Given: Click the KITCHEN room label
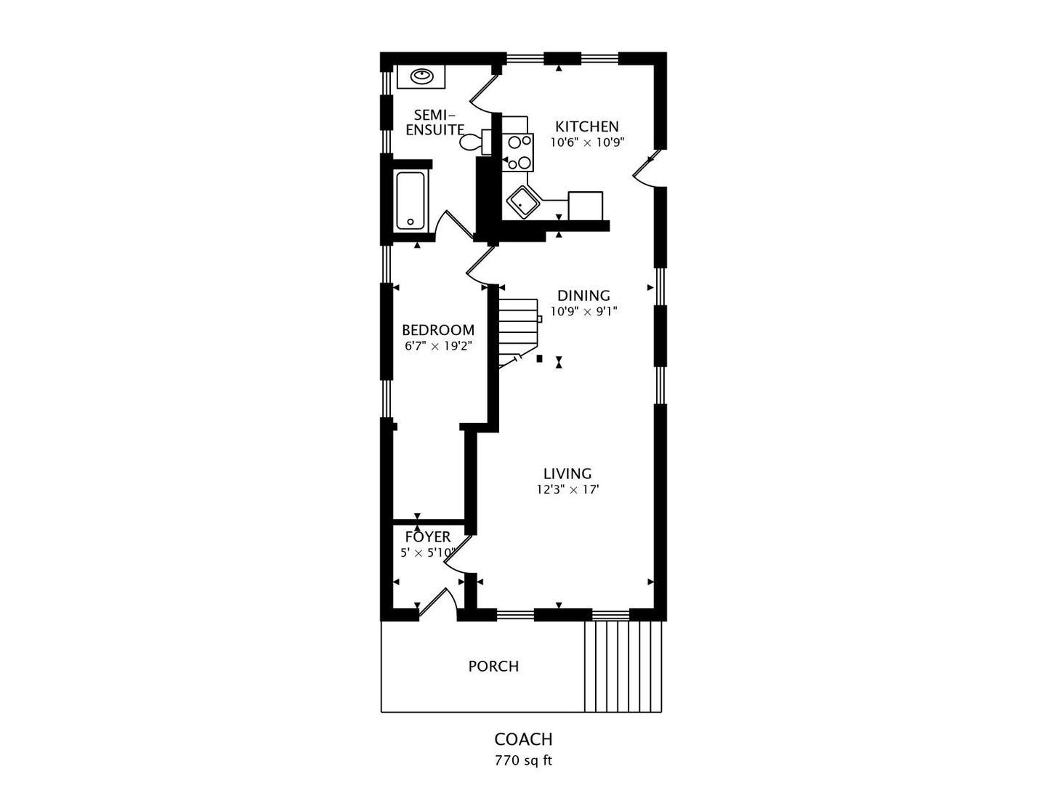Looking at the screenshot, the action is (586, 127).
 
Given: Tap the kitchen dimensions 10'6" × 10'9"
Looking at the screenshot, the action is (587, 142).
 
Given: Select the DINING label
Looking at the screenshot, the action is (583, 296).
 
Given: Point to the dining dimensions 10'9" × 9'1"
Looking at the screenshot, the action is (584, 311).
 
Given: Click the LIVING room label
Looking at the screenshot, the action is (567, 474).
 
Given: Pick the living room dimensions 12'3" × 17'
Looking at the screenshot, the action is (567, 489).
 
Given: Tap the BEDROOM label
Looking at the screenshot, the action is (438, 330).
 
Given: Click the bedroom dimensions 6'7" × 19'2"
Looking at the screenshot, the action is (438, 345).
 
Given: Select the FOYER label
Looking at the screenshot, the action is (428, 537).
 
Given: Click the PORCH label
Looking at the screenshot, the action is (493, 667).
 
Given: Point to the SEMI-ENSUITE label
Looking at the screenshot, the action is (434, 123).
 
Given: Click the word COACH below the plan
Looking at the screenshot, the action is (523, 739).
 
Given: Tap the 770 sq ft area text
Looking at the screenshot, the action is (523, 760).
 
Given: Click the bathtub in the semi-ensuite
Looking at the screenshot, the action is (411, 201).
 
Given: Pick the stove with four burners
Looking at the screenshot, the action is (517, 152).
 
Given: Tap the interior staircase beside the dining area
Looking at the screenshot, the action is (519, 334).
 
